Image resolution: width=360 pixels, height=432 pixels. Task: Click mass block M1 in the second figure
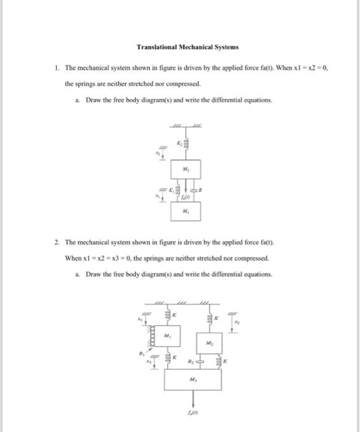click(166, 337)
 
